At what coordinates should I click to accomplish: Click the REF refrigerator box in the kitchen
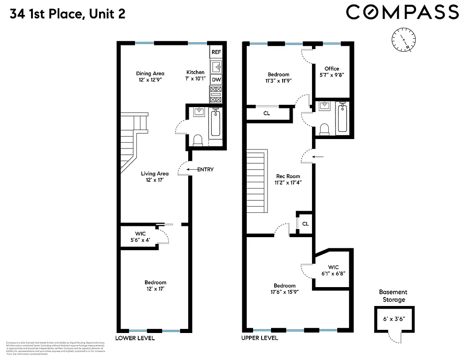pos(216,52)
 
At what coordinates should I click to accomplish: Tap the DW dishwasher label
pos(216,80)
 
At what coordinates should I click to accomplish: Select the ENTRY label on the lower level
pos(205,170)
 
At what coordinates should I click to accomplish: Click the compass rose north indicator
pos(403,40)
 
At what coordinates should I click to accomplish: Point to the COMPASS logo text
pos(402,12)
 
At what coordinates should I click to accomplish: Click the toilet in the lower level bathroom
pos(197,140)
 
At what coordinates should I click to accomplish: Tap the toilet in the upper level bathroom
pos(324,130)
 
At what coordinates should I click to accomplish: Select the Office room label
pos(331,69)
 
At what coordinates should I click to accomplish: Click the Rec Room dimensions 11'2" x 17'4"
pos(288,183)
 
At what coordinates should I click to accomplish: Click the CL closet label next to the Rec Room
pos(305,224)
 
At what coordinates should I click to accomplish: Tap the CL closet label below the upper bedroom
pos(267,113)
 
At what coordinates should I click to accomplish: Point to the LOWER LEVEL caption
pos(135,338)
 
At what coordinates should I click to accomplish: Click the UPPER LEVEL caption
pos(260,338)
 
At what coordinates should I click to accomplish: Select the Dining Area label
pos(150,73)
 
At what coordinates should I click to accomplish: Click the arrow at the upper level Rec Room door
pos(317,157)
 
